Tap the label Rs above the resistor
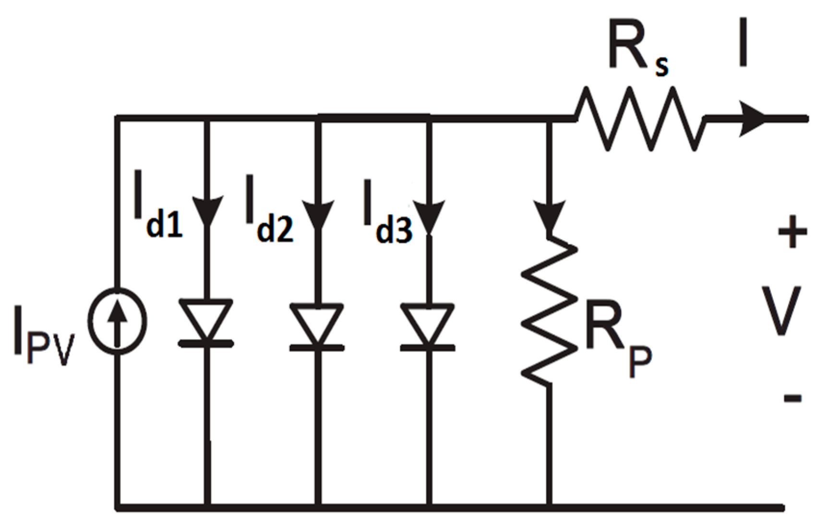click(637, 50)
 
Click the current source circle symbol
click(117, 321)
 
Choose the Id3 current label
click(387, 213)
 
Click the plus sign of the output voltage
click(792, 232)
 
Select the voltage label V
click(781, 310)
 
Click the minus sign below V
click(792, 398)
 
